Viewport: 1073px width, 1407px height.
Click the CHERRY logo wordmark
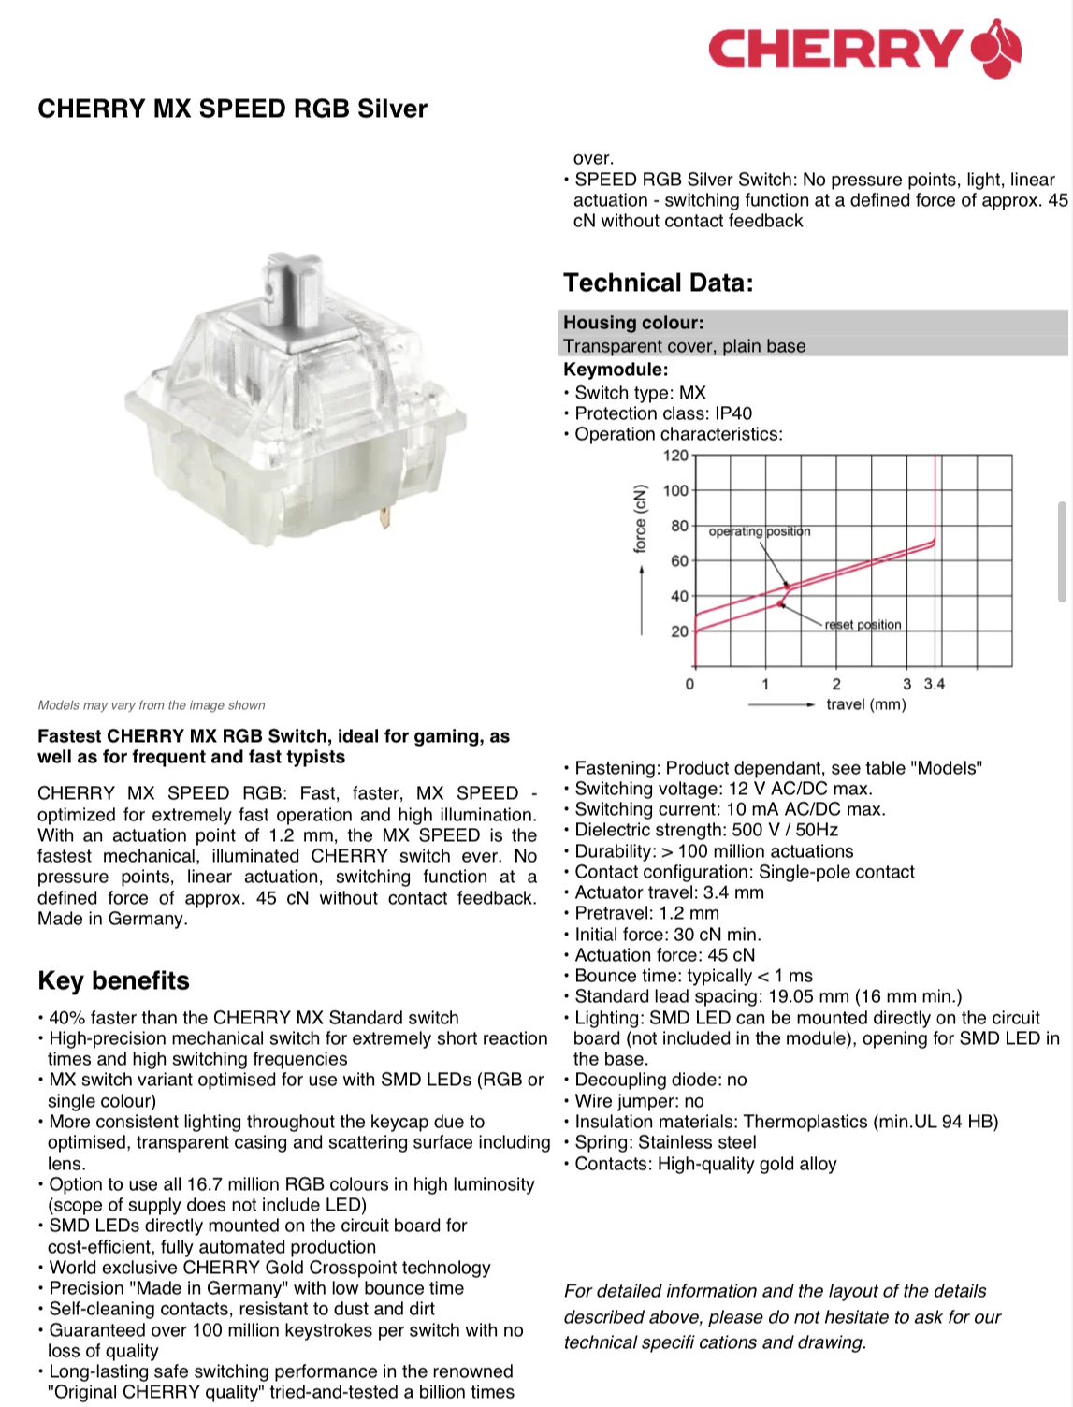click(834, 49)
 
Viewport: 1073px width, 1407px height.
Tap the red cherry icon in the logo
click(996, 49)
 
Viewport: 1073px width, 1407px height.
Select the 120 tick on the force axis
click(675, 456)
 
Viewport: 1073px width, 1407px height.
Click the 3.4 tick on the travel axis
click(935, 684)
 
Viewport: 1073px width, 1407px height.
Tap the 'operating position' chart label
click(759, 531)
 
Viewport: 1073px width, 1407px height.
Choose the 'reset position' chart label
click(863, 625)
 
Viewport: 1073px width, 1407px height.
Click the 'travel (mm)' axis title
click(865, 704)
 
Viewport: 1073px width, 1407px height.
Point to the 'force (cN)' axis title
click(640, 518)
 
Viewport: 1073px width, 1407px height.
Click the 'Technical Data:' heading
click(658, 283)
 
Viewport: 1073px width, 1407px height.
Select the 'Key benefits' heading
click(113, 980)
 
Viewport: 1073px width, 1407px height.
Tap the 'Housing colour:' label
click(633, 323)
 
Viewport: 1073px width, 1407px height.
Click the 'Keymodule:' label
click(616, 370)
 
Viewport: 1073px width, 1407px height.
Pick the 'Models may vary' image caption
click(152, 705)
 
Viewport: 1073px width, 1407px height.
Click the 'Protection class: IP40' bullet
click(662, 413)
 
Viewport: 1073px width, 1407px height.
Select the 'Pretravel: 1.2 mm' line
click(646, 913)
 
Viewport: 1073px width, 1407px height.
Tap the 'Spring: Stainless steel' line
click(665, 1142)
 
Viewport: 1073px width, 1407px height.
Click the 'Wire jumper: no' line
click(639, 1101)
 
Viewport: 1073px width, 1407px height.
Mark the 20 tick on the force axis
click(679, 631)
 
